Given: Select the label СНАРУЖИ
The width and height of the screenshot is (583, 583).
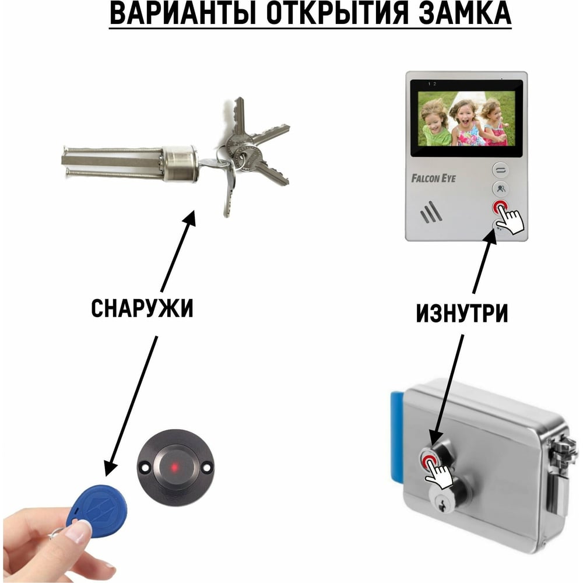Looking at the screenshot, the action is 142,308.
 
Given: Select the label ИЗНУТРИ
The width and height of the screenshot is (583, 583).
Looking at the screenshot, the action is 462,314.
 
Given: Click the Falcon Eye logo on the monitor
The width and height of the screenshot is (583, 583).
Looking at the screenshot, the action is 433,178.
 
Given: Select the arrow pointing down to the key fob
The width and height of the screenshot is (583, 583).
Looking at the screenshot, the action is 130,406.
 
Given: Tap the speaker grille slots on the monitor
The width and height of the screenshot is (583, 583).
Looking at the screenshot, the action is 431,212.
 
